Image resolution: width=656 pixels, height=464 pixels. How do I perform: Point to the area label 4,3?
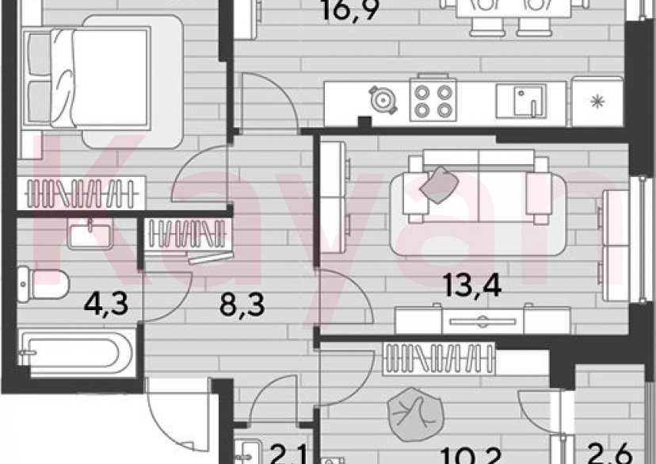101,301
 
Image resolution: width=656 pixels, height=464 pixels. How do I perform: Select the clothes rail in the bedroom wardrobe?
83,192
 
